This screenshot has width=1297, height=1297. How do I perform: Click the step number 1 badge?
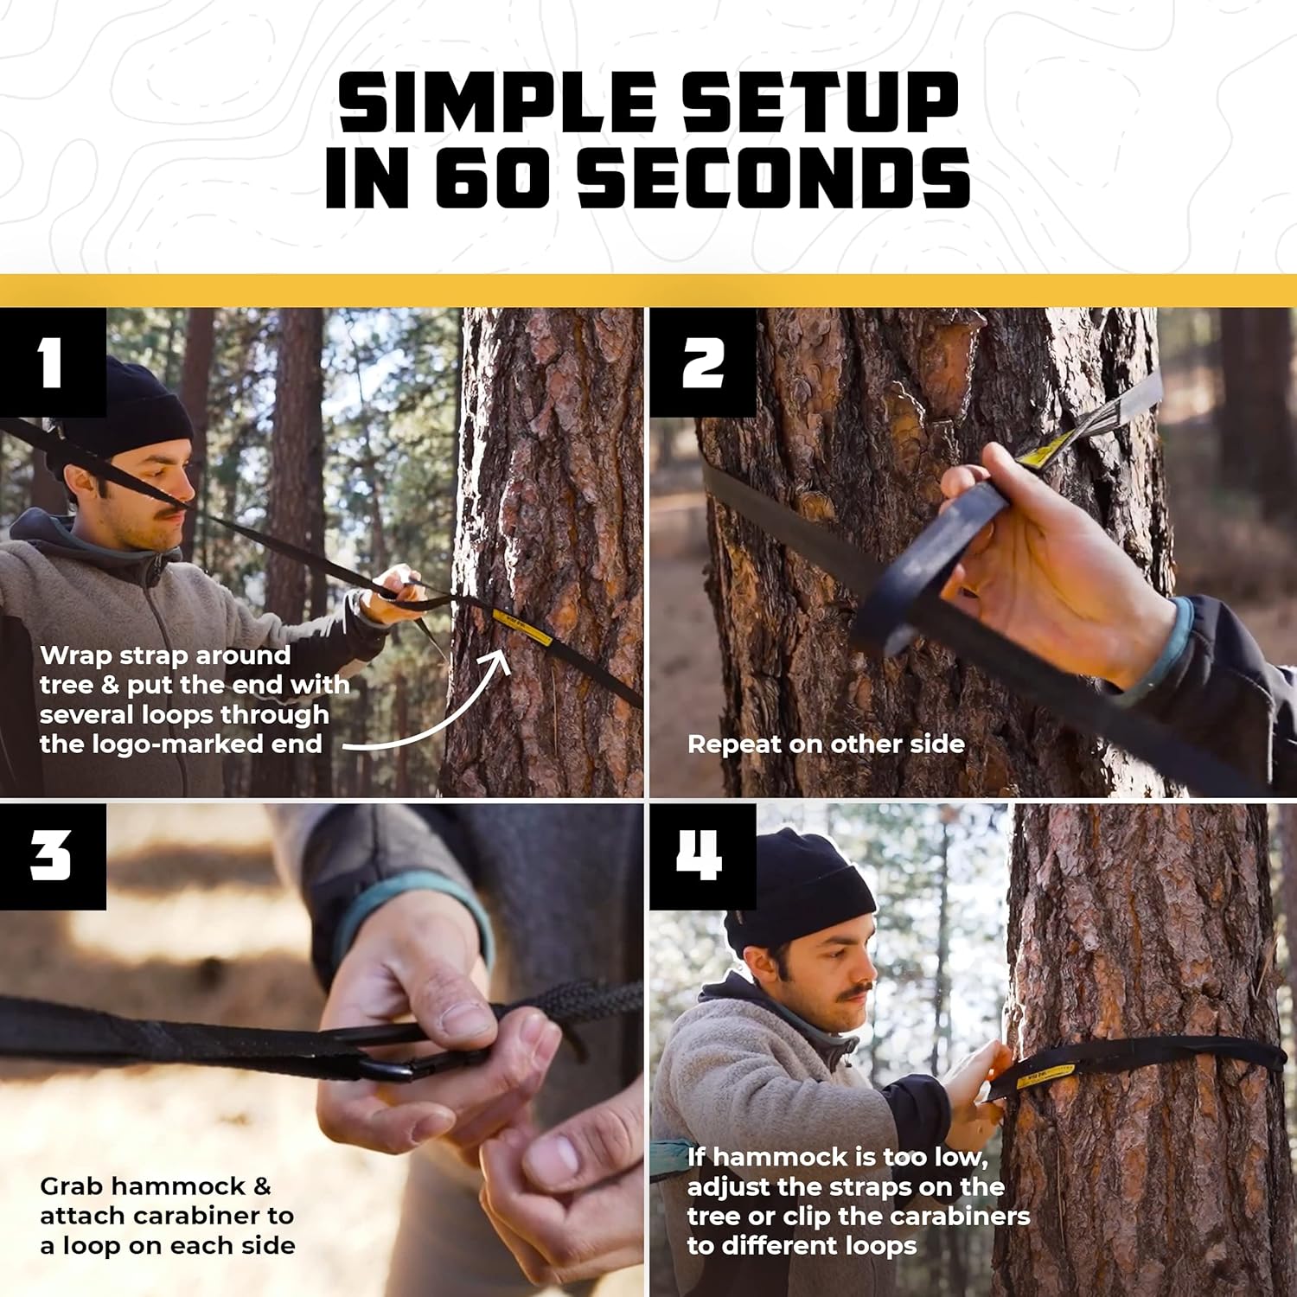tap(52, 363)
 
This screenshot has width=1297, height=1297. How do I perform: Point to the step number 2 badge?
tap(702, 363)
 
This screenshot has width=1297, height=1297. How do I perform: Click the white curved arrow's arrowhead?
tap(500, 661)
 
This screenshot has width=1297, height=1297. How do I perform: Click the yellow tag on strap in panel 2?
tap(1044, 451)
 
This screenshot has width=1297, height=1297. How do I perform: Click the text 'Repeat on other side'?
tap(826, 744)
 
